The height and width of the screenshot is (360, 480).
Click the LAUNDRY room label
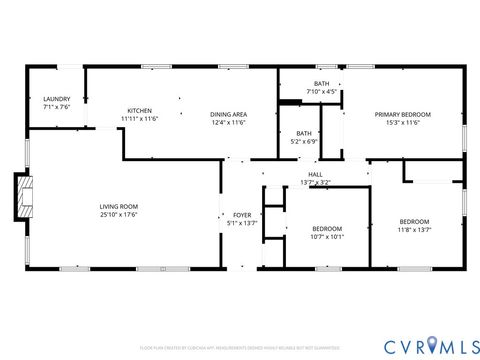point(56,99)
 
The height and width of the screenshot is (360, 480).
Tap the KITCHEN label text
point(139,110)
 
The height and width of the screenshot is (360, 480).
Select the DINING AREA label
point(228,114)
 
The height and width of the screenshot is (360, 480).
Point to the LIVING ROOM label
point(118,205)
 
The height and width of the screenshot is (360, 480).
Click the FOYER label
point(242,215)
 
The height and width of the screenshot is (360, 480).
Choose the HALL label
point(315,175)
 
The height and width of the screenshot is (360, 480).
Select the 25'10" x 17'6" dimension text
point(118,214)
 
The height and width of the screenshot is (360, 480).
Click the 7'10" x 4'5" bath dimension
point(321,92)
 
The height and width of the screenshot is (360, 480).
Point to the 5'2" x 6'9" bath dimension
point(303,141)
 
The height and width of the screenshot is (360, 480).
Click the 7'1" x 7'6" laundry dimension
point(56,107)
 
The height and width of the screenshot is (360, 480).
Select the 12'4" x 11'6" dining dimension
point(228,123)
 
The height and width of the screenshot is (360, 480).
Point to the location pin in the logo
point(433,345)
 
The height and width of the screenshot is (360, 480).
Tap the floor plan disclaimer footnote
point(240,348)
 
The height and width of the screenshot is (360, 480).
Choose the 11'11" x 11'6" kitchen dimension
point(139,119)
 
